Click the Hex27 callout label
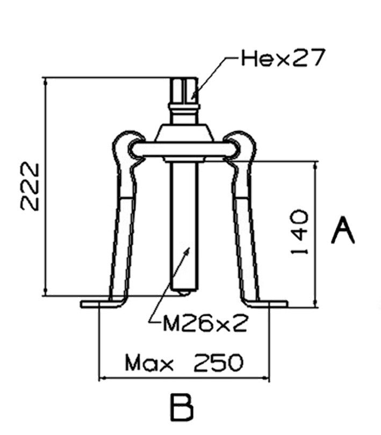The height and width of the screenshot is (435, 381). point(283,59)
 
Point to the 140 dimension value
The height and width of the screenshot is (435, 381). point(299,232)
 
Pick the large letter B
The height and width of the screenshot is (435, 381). point(181,408)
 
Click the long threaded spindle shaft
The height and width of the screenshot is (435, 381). point(184,226)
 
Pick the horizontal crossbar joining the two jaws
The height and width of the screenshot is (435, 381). point(184,150)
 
